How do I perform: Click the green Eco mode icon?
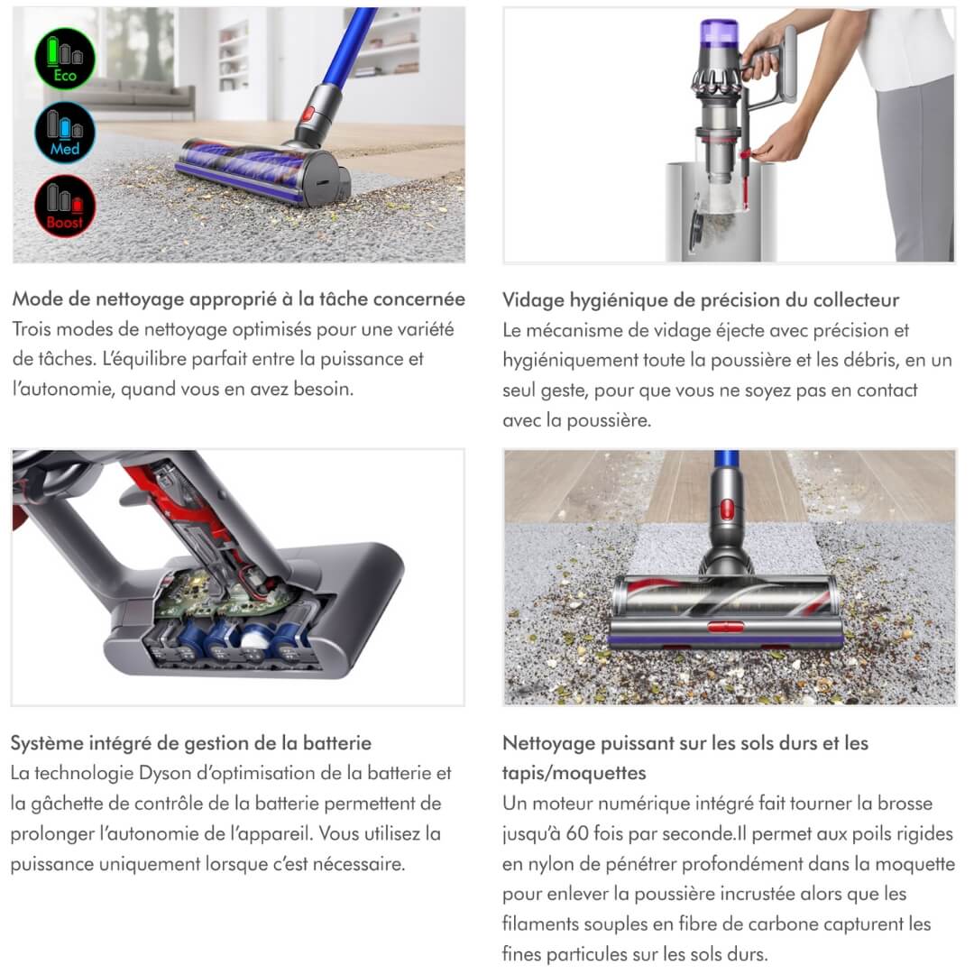point(65,59)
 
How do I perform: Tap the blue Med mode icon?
point(65,132)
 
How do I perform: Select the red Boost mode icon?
point(65,206)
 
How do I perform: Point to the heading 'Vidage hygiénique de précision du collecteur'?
point(700,299)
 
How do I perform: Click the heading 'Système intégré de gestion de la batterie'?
point(190,743)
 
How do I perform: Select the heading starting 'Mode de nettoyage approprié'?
point(238,299)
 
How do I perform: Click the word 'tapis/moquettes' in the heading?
point(574,773)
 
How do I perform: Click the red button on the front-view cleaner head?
point(725,626)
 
